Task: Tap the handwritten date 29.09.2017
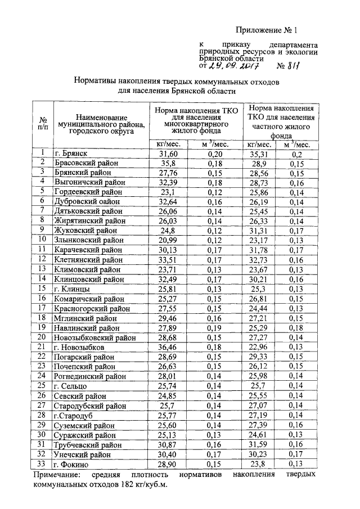[x=236, y=66]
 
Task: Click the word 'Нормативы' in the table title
[x=98, y=82]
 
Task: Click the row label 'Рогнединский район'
[x=89, y=375]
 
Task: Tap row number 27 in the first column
[x=42, y=404]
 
